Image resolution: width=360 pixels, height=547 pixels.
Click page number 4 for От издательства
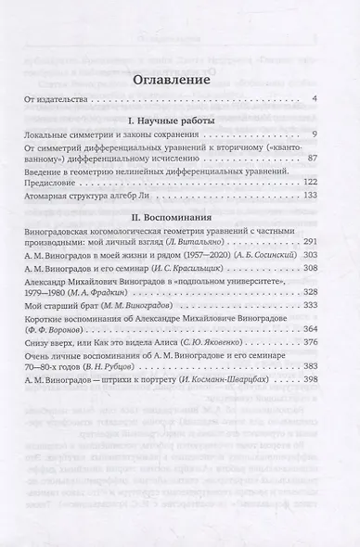(x=315, y=100)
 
